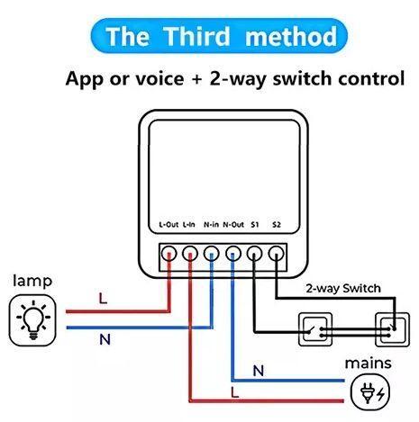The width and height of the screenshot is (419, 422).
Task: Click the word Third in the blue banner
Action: (x=197, y=36)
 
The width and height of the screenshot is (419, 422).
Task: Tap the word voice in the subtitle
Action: (x=159, y=78)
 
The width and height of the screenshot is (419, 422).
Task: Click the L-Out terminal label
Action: (x=169, y=224)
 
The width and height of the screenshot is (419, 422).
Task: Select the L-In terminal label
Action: (x=189, y=224)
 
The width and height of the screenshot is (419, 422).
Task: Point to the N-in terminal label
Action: (x=211, y=224)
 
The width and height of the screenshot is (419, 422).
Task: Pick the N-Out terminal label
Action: (x=233, y=224)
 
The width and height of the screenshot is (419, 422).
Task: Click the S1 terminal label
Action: (x=255, y=224)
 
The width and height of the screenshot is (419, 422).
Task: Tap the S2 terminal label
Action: (x=277, y=224)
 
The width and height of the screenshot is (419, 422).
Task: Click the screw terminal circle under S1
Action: (x=254, y=254)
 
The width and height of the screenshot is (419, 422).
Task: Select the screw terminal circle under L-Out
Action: (x=169, y=254)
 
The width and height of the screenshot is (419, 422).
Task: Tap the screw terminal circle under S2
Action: (x=276, y=254)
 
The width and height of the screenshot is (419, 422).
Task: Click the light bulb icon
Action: (x=32, y=319)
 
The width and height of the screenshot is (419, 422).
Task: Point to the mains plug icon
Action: (x=370, y=392)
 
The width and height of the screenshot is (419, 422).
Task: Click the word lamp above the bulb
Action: (x=32, y=281)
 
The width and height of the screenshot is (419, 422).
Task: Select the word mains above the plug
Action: (x=368, y=364)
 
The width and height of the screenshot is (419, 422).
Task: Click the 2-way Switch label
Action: (x=343, y=289)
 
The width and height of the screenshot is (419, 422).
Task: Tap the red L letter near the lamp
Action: (x=103, y=298)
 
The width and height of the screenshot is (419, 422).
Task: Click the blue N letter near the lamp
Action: (x=105, y=339)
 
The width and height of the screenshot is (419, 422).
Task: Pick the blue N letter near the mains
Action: (x=259, y=371)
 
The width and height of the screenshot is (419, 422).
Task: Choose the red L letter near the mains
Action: (x=234, y=392)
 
